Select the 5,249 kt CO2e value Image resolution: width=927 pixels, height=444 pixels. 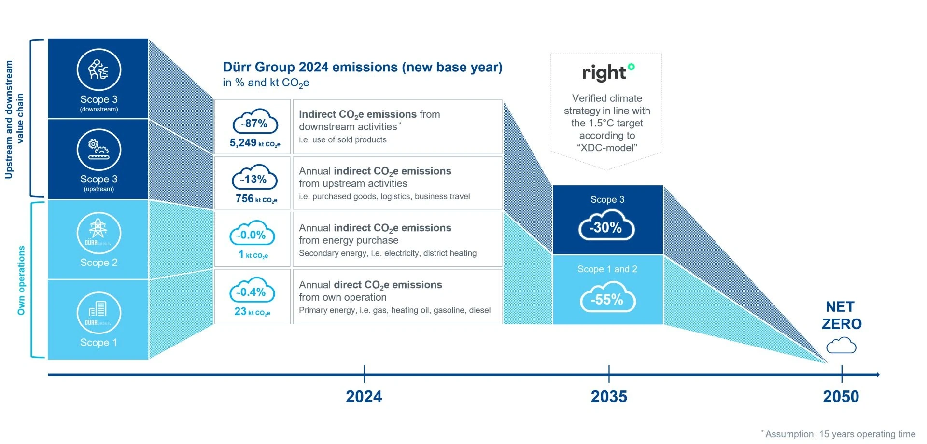click(x=254, y=143)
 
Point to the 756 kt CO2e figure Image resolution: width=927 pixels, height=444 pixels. click(x=256, y=199)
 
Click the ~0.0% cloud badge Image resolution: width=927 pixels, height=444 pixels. click(x=252, y=235)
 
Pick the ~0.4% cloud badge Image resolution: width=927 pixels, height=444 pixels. click(x=252, y=291)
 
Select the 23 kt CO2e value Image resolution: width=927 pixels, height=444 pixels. click(x=252, y=312)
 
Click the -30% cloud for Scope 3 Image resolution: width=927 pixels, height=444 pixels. click(x=606, y=227)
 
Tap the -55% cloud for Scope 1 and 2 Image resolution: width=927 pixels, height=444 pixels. click(x=607, y=299)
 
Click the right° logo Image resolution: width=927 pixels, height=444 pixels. click(x=607, y=72)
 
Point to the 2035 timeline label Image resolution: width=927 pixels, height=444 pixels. click(x=609, y=397)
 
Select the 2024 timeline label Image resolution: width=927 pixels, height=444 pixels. click(x=364, y=397)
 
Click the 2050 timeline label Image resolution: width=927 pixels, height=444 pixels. click(x=841, y=397)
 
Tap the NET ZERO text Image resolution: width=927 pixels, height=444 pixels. click(x=841, y=315)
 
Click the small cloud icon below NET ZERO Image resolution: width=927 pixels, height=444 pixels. click(x=841, y=346)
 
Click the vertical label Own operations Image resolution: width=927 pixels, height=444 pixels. click(x=21, y=280)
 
